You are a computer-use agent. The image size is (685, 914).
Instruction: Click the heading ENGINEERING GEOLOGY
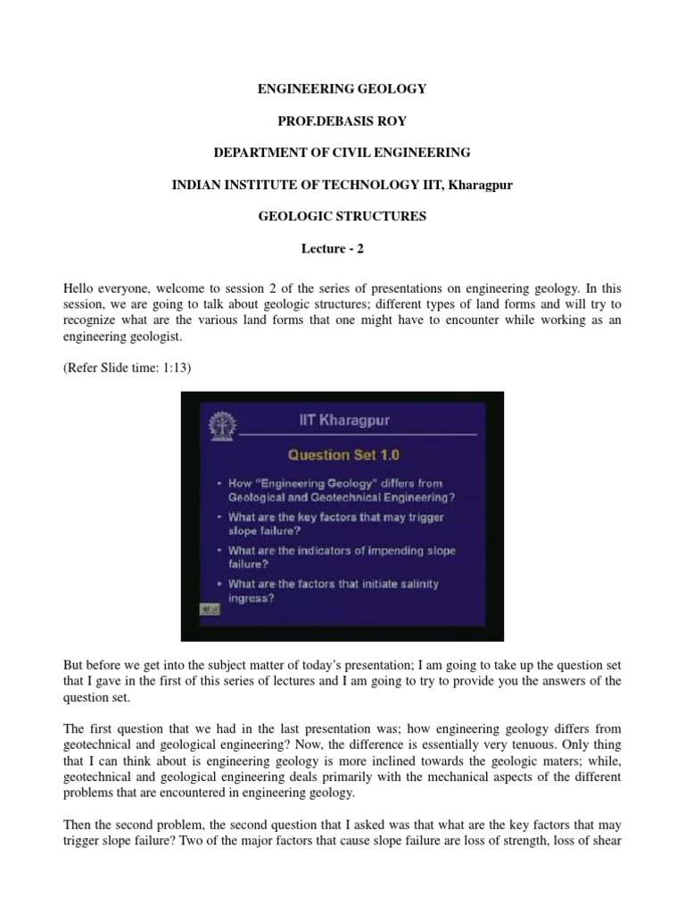[342, 89]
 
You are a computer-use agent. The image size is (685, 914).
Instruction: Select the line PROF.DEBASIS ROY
[342, 120]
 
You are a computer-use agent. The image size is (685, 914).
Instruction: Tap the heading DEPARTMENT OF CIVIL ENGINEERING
[342, 153]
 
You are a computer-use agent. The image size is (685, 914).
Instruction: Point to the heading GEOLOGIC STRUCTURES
[342, 216]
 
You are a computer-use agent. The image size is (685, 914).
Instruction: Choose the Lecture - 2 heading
[342, 248]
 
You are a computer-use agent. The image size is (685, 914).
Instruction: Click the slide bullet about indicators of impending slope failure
[341, 557]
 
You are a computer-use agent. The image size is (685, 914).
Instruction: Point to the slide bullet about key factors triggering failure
[335, 524]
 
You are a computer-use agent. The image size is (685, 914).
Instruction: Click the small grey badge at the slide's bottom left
[210, 608]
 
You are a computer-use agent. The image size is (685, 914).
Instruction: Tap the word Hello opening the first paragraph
[78, 289]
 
